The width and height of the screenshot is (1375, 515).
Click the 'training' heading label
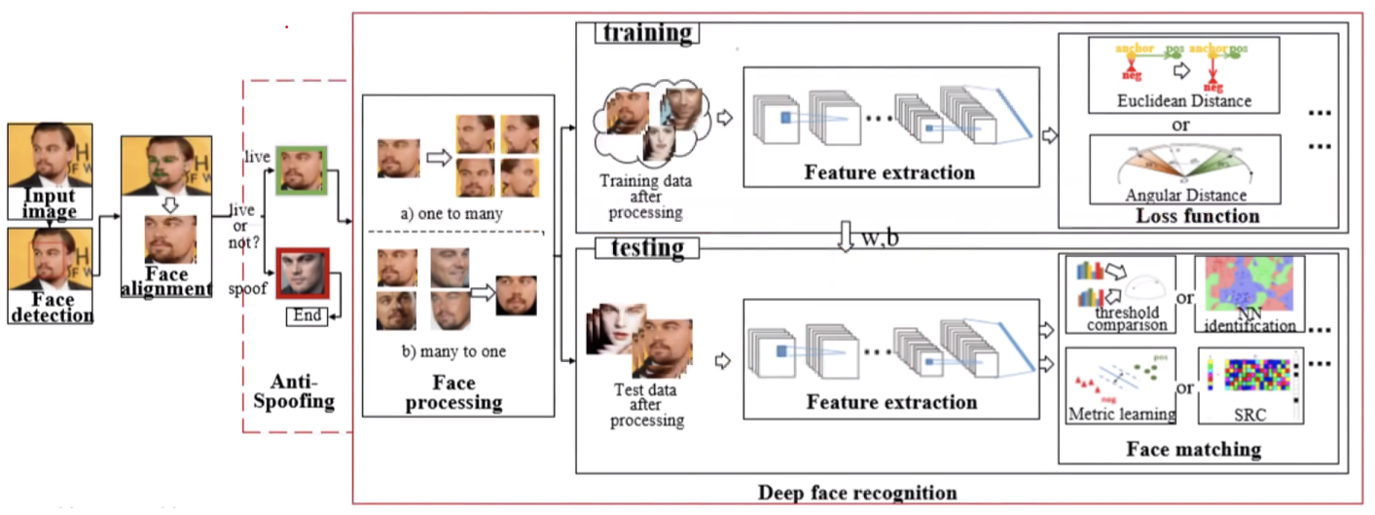coord(647,32)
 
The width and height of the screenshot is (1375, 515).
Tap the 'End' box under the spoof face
coord(307,315)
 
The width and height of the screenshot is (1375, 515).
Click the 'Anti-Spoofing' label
coord(301,390)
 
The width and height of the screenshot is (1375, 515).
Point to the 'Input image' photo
coord(50,170)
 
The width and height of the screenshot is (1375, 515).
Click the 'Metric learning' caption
coord(1121,414)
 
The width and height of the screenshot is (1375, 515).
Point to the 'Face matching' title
coord(1193,450)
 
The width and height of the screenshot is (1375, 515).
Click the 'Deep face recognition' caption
coord(857,492)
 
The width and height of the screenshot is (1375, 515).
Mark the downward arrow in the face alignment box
coord(168,205)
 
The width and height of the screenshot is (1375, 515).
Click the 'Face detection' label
coord(51,307)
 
